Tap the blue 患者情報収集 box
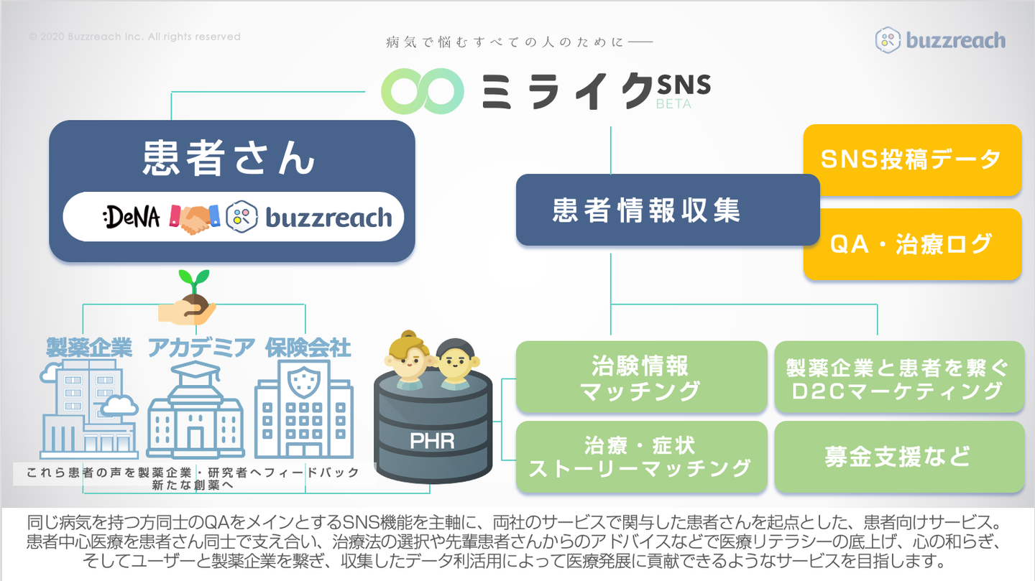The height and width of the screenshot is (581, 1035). (x=668, y=210)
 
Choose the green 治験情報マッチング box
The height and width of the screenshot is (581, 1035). (x=641, y=377)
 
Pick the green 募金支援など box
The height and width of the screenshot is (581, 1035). (x=899, y=457)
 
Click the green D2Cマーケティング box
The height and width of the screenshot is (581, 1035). (x=899, y=377)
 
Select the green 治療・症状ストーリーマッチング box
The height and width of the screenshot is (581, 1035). (x=641, y=457)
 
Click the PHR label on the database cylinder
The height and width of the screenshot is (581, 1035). (x=432, y=441)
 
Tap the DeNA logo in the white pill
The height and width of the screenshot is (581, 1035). (x=132, y=217)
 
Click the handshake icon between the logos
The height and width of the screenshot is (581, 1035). (x=195, y=218)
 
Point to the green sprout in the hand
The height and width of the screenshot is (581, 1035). (x=194, y=281)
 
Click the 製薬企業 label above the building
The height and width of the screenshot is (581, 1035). (x=89, y=348)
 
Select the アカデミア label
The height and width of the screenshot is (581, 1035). (x=201, y=348)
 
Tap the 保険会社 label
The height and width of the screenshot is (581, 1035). (x=308, y=348)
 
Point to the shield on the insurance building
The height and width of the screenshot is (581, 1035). (x=303, y=383)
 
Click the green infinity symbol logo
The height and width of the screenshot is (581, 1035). (x=423, y=91)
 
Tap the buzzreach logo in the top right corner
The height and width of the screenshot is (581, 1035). (x=940, y=40)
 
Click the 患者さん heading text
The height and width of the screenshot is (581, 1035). (x=229, y=158)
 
